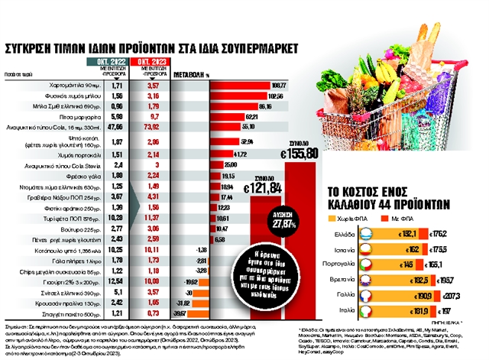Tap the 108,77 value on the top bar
click(x=278, y=85)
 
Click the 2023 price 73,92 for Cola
click(x=152, y=125)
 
